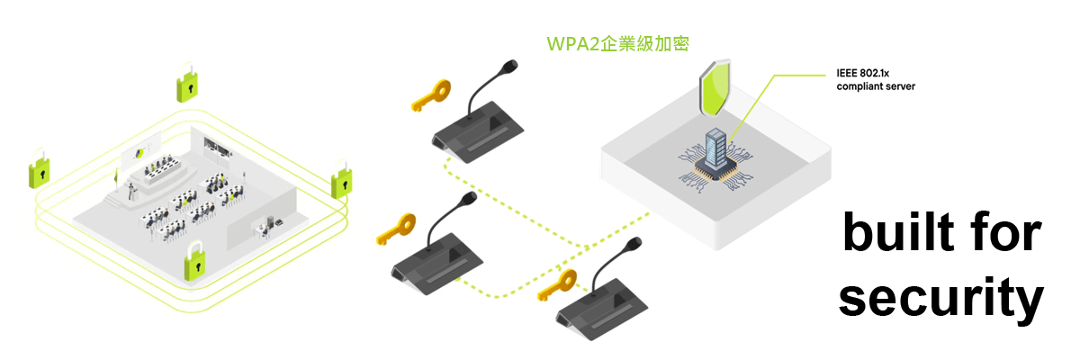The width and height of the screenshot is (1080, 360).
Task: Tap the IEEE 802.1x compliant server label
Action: pos(875,81)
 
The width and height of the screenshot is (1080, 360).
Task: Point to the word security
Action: pos(941,300)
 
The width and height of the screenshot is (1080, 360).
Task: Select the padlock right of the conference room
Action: pos(342,181)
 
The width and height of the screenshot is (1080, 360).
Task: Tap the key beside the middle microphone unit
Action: pos(396,229)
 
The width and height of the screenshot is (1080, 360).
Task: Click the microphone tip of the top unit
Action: pos(511,66)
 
